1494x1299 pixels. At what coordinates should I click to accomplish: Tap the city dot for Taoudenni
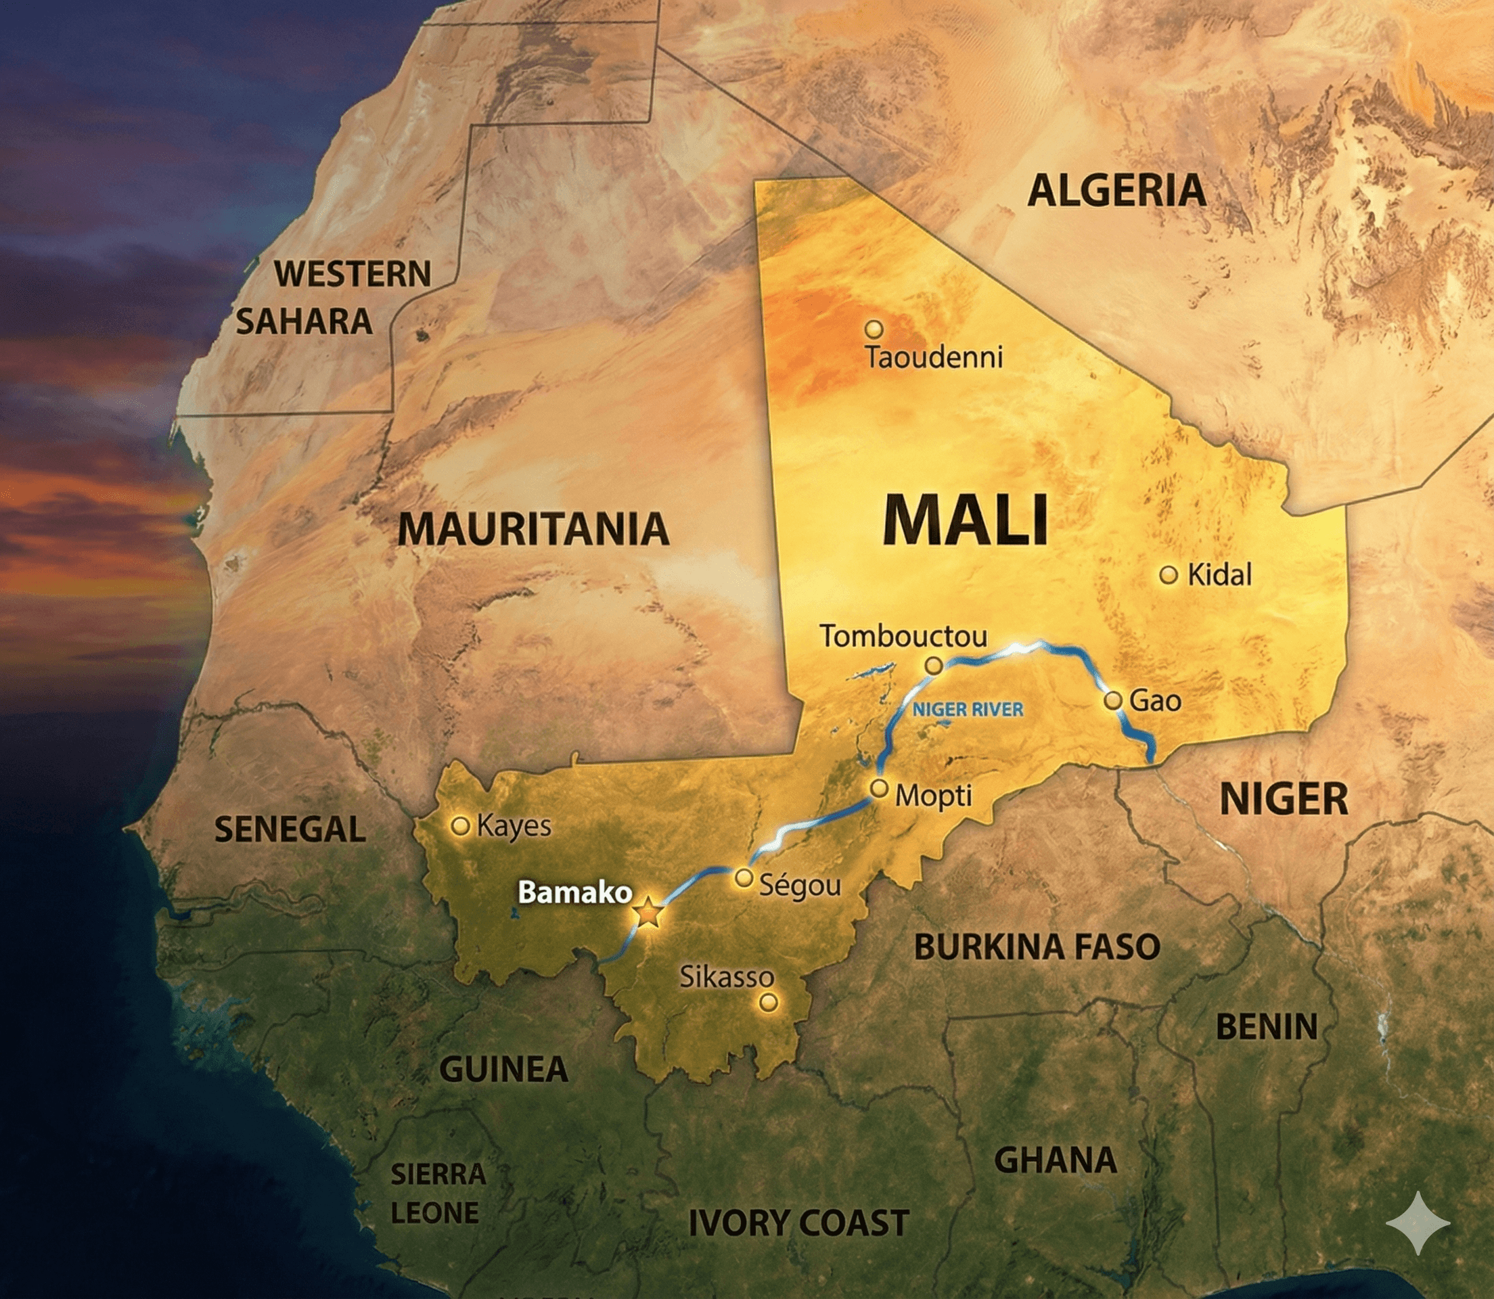(x=874, y=329)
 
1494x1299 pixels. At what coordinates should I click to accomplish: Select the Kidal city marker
(x=1168, y=575)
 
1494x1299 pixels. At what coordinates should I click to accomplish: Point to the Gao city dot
(x=1114, y=700)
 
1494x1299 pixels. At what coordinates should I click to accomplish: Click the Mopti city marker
(x=880, y=788)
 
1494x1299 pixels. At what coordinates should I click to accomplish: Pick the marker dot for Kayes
(x=460, y=825)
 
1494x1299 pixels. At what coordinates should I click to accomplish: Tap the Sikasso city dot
(x=769, y=1003)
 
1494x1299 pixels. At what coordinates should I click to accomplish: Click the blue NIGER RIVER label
(x=968, y=709)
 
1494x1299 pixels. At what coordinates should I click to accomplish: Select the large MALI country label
(x=966, y=519)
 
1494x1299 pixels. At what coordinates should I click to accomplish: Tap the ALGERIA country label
(x=1116, y=191)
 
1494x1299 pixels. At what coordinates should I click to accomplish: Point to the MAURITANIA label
(x=533, y=528)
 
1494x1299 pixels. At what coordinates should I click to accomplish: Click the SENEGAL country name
(x=290, y=829)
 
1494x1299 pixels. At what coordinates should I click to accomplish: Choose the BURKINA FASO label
(x=1037, y=947)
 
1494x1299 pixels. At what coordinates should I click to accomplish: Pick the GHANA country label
(x=1056, y=1160)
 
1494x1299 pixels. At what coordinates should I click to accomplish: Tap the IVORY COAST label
(x=799, y=1223)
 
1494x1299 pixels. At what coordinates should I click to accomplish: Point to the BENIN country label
(x=1267, y=1026)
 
